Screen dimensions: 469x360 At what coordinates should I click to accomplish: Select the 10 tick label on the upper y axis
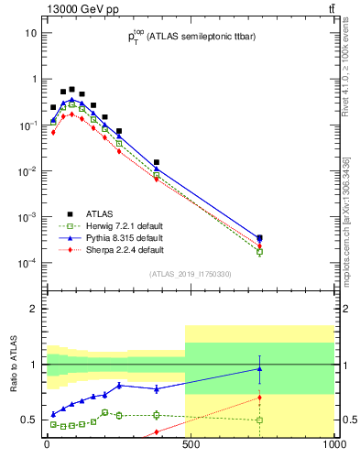coord(31,33)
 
